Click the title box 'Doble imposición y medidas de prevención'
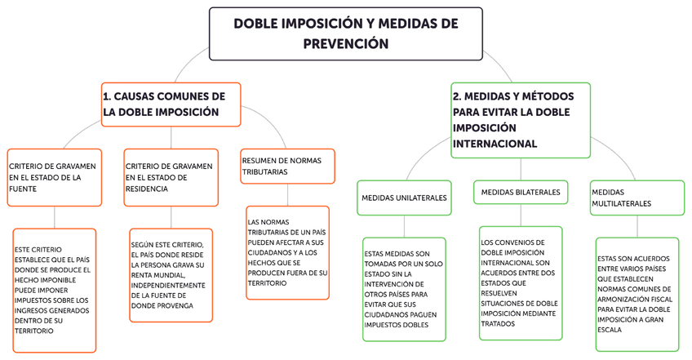click(346, 33)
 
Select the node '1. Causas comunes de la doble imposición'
click(171, 104)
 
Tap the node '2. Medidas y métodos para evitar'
click(520, 119)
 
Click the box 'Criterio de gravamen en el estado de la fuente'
click(55, 176)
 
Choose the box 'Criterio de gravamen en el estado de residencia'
click(171, 176)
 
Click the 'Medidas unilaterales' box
click(405, 198)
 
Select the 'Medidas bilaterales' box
click(521, 192)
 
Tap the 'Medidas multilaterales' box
click(637, 198)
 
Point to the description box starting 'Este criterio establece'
click(54, 290)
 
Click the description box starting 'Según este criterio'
click(171, 274)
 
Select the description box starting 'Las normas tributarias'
click(288, 252)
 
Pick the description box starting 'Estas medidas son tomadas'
click(405, 289)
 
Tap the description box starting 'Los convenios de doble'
click(521, 282)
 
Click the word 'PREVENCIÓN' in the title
click(346, 44)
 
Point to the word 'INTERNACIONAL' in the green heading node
click(495, 144)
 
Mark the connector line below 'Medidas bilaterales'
click(521, 215)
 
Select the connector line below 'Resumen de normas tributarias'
click(288, 195)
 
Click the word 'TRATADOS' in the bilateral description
click(499, 323)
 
